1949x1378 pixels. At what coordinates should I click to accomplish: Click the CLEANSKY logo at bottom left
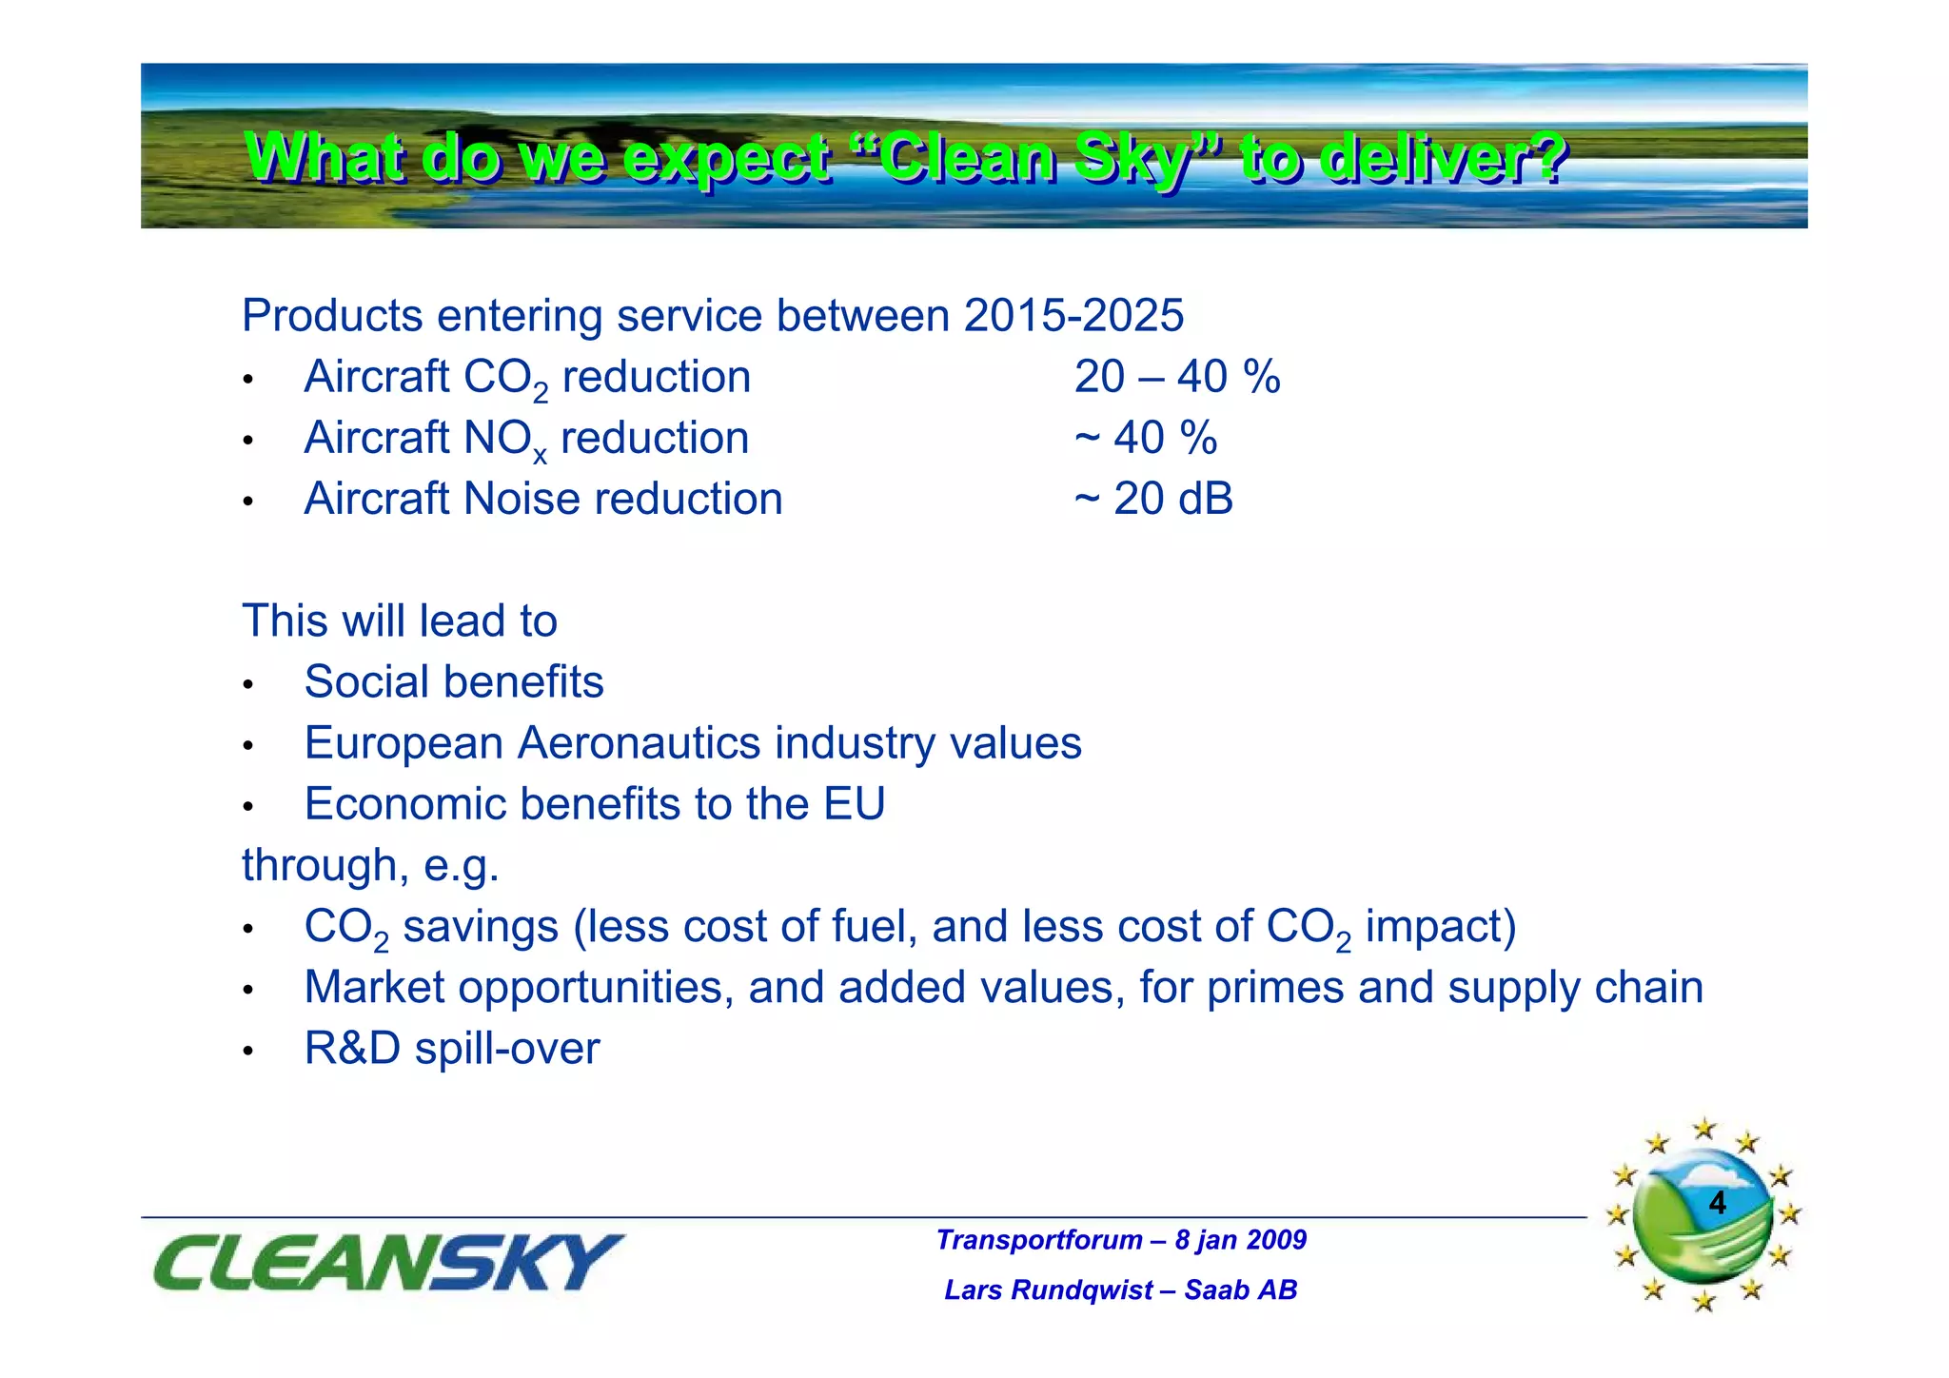[388, 1263]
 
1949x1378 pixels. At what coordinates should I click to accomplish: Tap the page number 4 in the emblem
[1717, 1203]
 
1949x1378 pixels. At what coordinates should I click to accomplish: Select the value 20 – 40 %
[1176, 377]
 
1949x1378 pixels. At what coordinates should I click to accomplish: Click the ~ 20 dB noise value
[1153, 499]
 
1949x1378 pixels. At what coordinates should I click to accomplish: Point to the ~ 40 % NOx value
[1146, 438]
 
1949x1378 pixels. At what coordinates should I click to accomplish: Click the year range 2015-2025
[1073, 316]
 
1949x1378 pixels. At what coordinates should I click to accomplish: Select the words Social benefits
[454, 682]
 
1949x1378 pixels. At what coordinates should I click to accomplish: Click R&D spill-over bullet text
[452, 1049]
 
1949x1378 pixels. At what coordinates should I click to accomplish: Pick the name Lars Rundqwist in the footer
[1049, 1289]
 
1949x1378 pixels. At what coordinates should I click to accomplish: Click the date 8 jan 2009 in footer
[1240, 1240]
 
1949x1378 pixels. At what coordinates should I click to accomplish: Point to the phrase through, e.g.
[370, 866]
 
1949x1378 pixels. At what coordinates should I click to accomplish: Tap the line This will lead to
[400, 621]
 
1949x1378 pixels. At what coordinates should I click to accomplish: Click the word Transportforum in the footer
[1039, 1240]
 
